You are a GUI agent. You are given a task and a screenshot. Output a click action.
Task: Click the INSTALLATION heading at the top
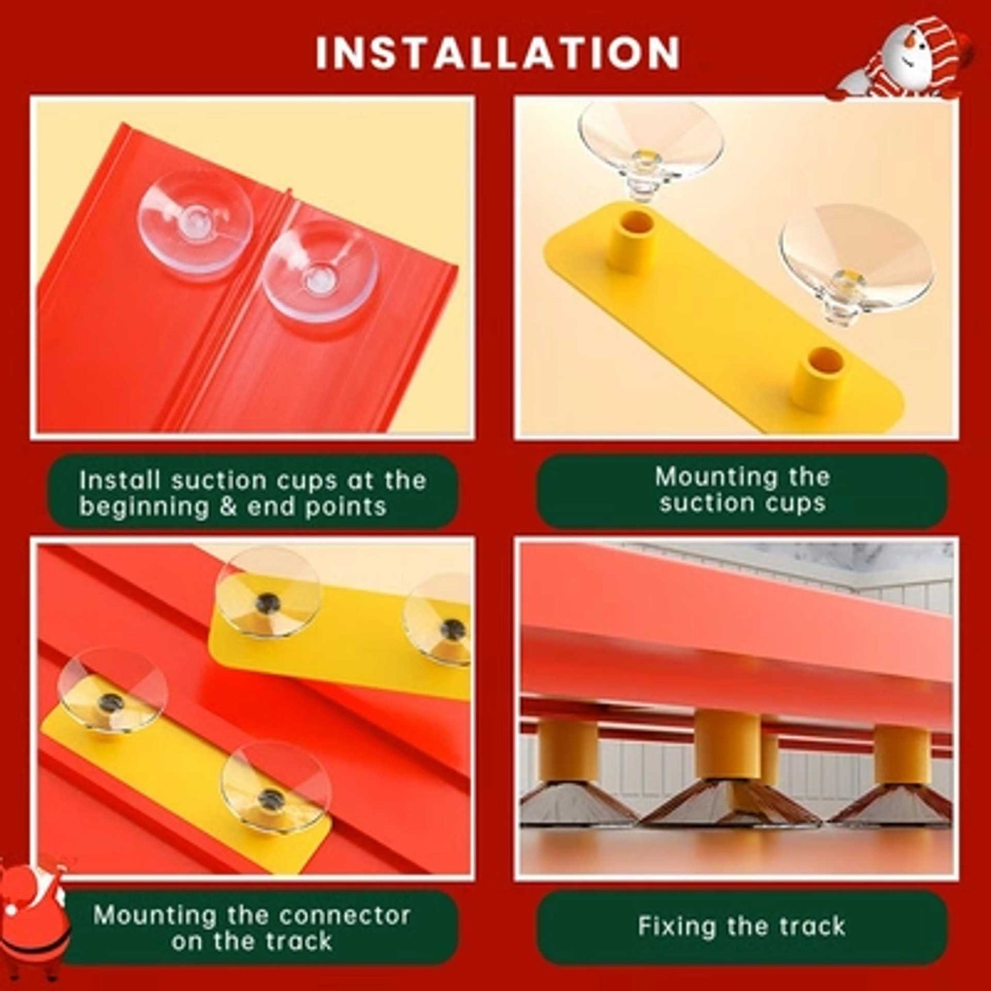[x=497, y=53]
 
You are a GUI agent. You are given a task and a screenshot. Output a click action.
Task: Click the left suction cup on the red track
[x=195, y=223]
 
